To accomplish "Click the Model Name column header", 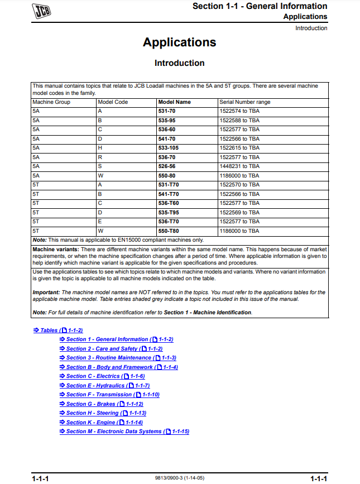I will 174,102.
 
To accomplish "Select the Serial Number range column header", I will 244,102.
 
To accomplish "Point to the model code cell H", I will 100,148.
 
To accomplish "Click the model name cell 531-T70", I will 168,184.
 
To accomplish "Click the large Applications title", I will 179,42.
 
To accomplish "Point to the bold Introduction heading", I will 179,63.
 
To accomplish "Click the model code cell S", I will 100,166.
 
